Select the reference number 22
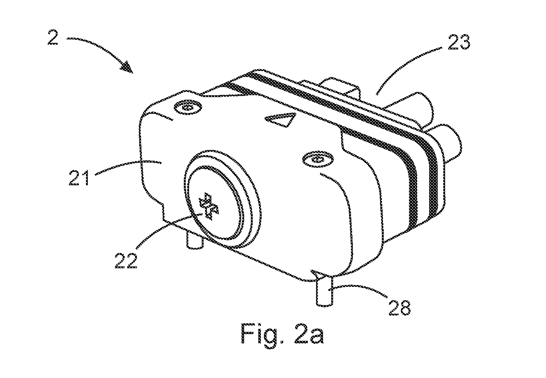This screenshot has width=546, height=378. tap(126, 260)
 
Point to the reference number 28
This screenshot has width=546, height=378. tap(399, 308)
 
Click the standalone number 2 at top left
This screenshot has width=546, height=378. tap(53, 37)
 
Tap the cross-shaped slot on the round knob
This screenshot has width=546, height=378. tap(208, 206)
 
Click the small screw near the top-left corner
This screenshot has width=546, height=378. tap(188, 108)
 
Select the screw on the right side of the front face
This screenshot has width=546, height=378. tap(318, 160)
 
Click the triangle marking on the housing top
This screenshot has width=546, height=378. tap(281, 119)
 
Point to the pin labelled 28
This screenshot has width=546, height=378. tap(324, 291)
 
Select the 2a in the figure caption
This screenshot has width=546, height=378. tap(309, 334)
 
